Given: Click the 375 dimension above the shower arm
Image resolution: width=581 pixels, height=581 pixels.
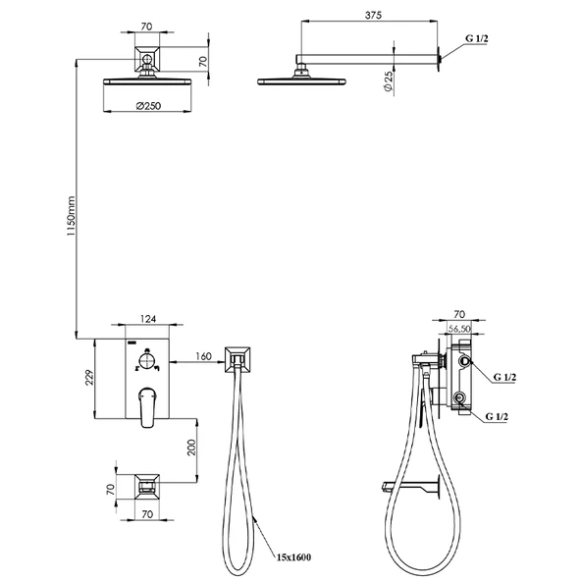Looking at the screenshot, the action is tap(373, 15).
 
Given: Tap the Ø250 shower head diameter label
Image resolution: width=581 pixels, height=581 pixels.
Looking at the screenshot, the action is tap(148, 106).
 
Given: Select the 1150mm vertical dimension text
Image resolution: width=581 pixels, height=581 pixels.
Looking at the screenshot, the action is tap(71, 216).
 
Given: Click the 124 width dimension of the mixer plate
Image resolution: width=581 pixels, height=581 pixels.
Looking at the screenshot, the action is tap(148, 319).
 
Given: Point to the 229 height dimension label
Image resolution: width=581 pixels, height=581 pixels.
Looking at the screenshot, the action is tap(90, 377).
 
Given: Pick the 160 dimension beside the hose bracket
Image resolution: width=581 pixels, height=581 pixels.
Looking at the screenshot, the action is tap(203, 356).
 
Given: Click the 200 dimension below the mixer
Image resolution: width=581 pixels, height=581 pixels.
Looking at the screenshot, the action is tap(191, 448).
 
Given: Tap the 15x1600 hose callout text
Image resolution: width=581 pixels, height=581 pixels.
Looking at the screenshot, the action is tap(293, 556).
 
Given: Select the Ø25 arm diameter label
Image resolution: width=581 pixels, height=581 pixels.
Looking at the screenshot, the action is tap(388, 81).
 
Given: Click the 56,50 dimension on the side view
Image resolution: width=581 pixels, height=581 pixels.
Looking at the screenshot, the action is tap(459, 329).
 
